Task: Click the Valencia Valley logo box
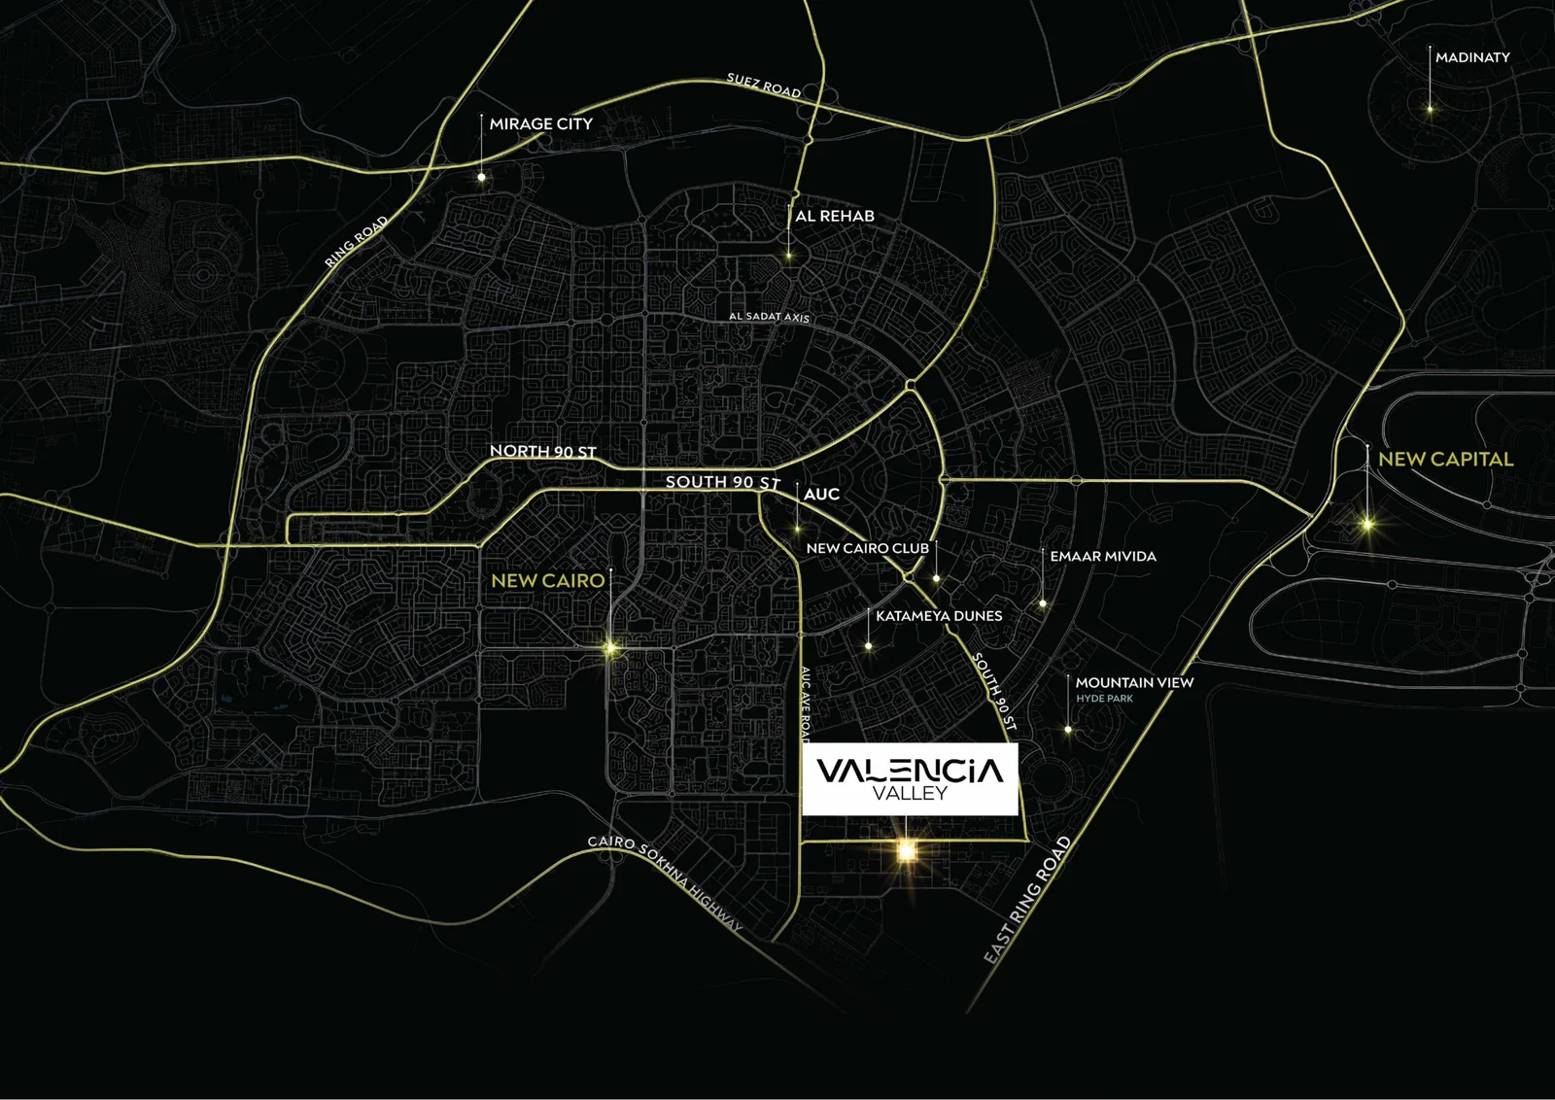pos(910,779)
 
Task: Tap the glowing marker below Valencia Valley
pos(906,851)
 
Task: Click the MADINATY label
pos(1472,57)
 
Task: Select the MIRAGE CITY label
pos(540,124)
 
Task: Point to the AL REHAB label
pos(834,216)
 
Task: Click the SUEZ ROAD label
pos(764,86)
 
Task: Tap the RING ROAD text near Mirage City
pos(357,241)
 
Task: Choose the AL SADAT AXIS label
pos(769,317)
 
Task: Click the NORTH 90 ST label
pos(542,451)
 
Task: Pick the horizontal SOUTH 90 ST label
pos(722,482)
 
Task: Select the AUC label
pos(821,494)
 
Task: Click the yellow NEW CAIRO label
pos(547,580)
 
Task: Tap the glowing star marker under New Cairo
pos(610,647)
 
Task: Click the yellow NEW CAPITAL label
pos(1445,460)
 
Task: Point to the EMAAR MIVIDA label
pos(1102,557)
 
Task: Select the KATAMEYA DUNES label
pos(938,616)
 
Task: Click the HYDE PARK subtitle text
pos(1104,699)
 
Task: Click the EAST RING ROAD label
pos(1027,900)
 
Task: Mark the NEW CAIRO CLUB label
pos(867,548)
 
